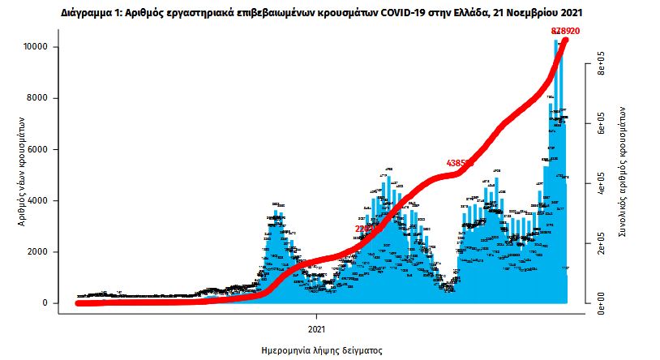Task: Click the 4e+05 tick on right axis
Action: [x=602, y=183]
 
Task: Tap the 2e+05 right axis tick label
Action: [x=602, y=243]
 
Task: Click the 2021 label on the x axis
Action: [x=317, y=329]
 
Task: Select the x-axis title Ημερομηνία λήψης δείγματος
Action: [x=322, y=351]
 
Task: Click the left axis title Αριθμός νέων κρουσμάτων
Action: [x=24, y=175]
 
